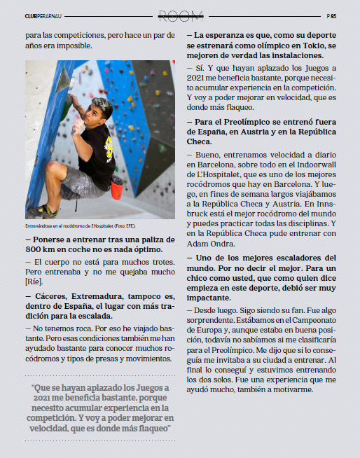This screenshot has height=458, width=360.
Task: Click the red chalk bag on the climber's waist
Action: tap(117, 187)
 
